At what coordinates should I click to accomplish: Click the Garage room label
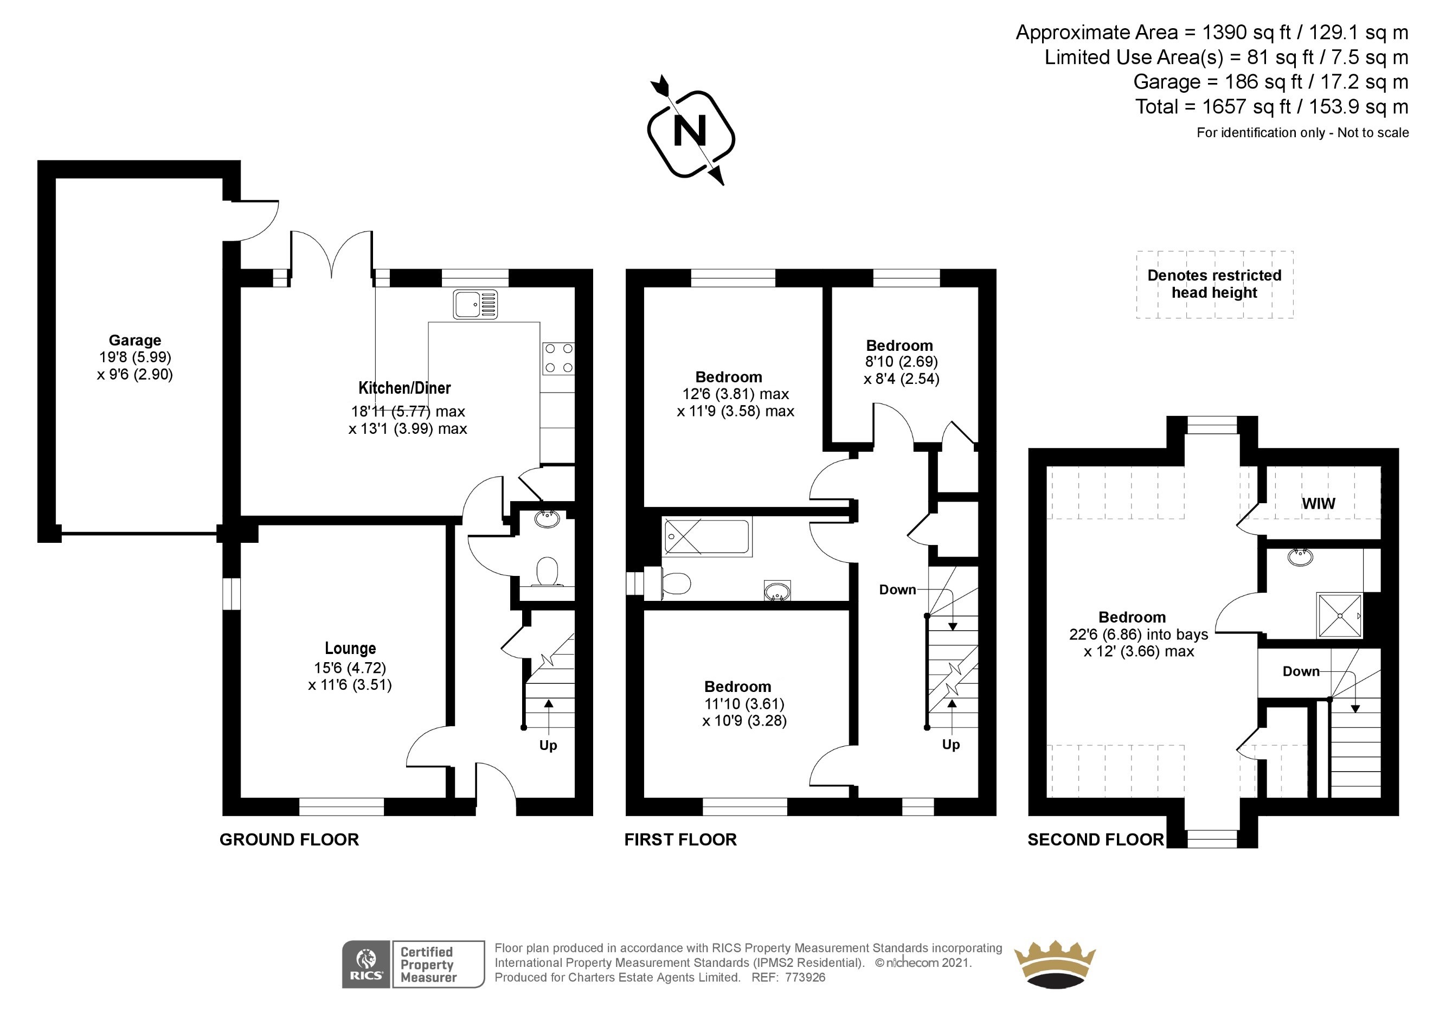[x=135, y=340]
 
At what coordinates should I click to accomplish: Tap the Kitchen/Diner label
[x=404, y=388]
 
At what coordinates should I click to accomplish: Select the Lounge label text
[x=350, y=648]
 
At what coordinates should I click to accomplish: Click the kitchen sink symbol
[x=475, y=305]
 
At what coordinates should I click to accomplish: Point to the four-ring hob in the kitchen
[x=558, y=358]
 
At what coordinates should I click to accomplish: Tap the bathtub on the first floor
[x=707, y=537]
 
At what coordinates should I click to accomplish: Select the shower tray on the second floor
[x=1339, y=616]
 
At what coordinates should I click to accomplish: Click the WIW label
[x=1318, y=504]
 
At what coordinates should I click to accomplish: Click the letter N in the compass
[x=690, y=132]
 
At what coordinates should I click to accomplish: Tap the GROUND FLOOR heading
[x=289, y=839]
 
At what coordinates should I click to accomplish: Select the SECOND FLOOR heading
[x=1095, y=839]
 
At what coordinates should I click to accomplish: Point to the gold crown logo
[x=1055, y=965]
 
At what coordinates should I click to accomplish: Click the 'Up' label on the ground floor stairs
[x=548, y=745]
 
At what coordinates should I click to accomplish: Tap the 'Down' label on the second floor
[x=1301, y=671]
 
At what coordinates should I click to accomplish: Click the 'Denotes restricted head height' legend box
[x=1214, y=285]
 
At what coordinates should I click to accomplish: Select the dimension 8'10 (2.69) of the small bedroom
[x=901, y=362]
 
